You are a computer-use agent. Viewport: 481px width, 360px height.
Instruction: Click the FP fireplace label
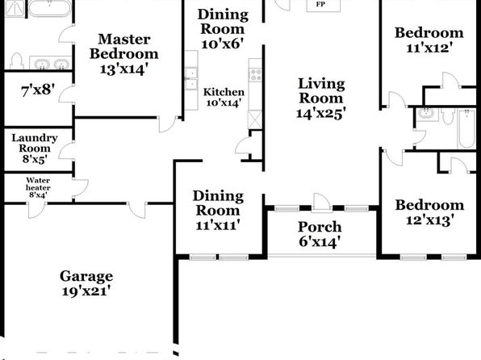click(320, 5)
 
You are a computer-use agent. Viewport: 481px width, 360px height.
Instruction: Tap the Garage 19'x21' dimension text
click(86, 291)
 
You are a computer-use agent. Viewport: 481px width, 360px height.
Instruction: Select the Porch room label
click(320, 227)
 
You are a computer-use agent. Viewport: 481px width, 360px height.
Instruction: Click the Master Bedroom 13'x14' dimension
click(124, 69)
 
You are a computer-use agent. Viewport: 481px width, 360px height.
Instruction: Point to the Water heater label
click(38, 184)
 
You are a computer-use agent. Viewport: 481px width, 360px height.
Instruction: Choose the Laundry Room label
click(35, 143)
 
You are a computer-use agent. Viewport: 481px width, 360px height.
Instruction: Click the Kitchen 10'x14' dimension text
click(223, 103)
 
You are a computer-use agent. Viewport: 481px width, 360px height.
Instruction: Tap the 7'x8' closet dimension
click(38, 90)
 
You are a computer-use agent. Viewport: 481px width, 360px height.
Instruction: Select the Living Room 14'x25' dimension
click(321, 113)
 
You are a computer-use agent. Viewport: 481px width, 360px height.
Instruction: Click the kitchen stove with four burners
click(255, 75)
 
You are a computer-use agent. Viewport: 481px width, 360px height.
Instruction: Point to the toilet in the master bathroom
click(17, 61)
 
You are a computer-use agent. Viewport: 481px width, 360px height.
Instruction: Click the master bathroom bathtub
click(50, 8)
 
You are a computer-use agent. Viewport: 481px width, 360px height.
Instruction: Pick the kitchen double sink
click(191, 79)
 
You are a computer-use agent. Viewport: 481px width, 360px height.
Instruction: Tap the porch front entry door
click(321, 203)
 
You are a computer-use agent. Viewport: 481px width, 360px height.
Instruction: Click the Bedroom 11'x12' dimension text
click(429, 48)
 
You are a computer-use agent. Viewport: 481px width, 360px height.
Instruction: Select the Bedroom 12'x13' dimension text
click(430, 220)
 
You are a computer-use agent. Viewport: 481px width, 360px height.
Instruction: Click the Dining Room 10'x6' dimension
click(223, 44)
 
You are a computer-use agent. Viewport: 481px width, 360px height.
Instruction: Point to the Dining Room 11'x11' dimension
click(218, 225)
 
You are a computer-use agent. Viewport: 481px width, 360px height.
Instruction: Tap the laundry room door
click(66, 151)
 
